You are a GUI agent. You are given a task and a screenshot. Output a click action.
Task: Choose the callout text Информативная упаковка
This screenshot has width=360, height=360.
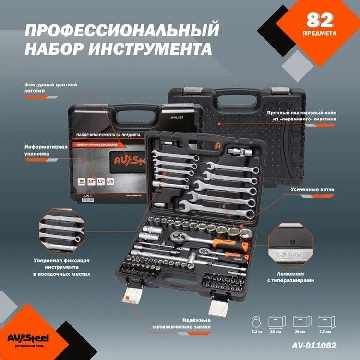click(x=44, y=150)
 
